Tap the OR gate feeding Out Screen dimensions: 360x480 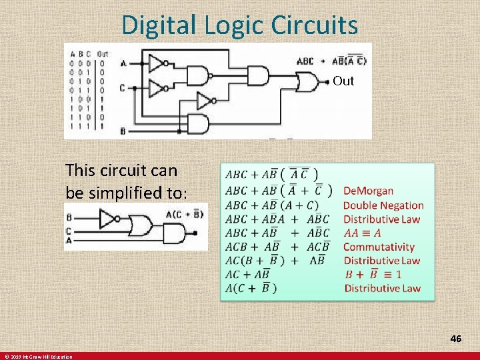click(307, 82)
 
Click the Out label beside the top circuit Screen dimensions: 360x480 click(343, 81)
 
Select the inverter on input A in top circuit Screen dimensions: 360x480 click(157, 63)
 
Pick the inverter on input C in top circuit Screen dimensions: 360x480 click(157, 87)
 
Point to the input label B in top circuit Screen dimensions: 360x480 click(123, 131)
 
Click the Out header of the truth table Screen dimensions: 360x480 click(103, 54)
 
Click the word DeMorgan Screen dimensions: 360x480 click(368, 191)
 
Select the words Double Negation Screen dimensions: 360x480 click(383, 205)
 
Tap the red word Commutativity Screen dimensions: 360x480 click(379, 247)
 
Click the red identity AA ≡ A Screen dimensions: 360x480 click(363, 233)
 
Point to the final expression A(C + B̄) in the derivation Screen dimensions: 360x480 click(252, 288)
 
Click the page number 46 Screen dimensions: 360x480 click(455, 339)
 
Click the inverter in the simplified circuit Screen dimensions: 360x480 click(107, 219)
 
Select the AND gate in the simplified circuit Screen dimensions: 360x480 click(174, 233)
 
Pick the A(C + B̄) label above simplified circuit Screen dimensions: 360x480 click(184, 214)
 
